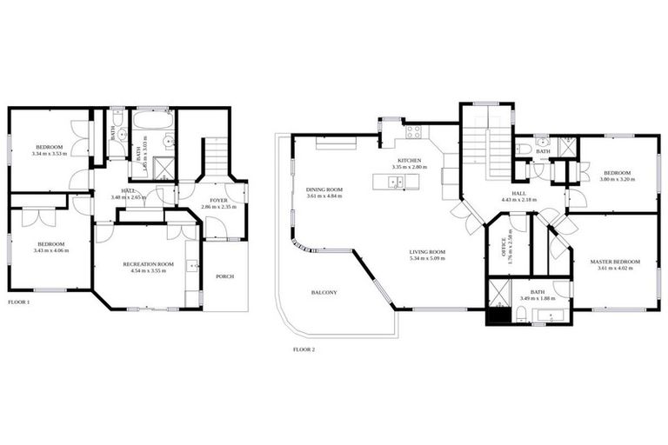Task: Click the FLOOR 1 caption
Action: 18,302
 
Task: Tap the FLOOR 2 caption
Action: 304,349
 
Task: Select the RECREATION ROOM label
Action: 148,263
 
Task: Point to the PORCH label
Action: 224,277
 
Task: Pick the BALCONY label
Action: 324,293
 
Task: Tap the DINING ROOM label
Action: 324,189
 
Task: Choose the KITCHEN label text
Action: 409,161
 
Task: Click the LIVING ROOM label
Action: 428,252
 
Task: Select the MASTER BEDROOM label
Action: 615,262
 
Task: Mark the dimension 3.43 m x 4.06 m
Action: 50,251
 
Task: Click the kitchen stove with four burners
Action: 413,133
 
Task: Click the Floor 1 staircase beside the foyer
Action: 216,162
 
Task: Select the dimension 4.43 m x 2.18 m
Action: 518,200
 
